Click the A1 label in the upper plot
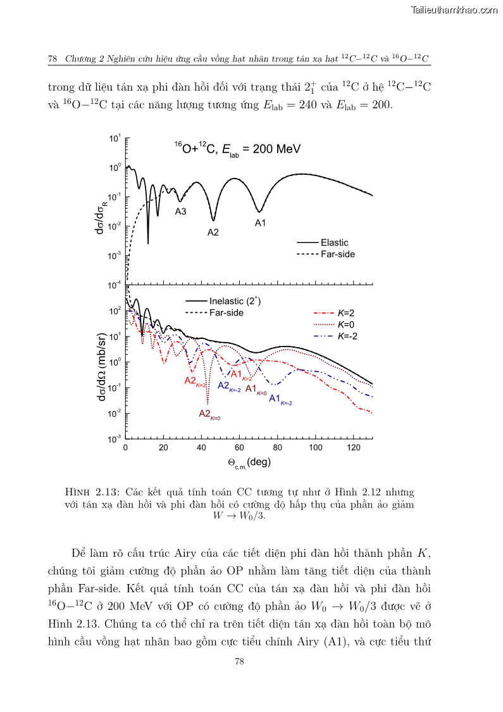[260, 222]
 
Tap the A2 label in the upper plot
[213, 232]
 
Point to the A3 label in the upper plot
[180, 212]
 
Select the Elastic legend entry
[334, 243]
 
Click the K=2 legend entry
[346, 313]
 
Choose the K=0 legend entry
[346, 324]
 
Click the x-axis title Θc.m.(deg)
[249, 462]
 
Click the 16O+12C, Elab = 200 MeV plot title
[237, 149]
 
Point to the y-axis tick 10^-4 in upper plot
[115, 286]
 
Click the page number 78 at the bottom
[239, 661]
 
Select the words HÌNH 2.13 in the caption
[92, 492]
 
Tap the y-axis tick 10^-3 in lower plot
[115, 439]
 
